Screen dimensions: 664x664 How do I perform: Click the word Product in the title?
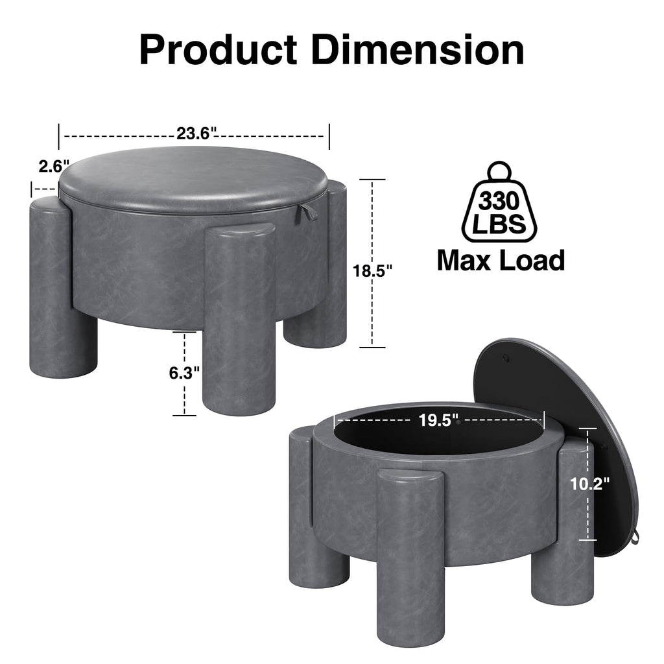pos(218,50)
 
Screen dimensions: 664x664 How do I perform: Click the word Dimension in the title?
pos(418,50)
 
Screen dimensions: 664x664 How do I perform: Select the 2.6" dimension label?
pos(54,166)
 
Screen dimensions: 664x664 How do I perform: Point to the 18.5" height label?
pos(373,270)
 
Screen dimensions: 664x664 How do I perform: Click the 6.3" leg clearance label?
pos(184,373)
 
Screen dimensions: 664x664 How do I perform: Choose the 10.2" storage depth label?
pos(589,484)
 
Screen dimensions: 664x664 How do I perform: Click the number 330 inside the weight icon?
pos(499,200)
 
